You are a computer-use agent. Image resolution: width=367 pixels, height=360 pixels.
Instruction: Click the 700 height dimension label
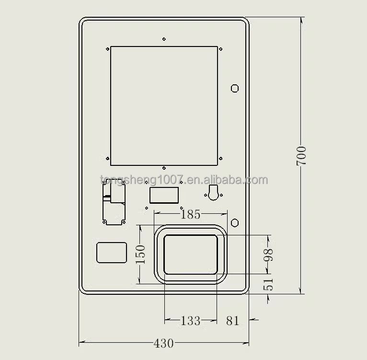pos(301,156)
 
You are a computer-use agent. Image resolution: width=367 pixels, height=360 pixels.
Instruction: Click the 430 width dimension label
pos(163,343)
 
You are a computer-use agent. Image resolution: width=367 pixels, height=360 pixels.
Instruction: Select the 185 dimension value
pos(190,214)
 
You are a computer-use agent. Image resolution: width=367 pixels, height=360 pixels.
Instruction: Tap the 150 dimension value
pos(140,255)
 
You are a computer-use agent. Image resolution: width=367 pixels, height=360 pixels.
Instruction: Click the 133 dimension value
pos(190,321)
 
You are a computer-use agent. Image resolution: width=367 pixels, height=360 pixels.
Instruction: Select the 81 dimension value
pos(232,321)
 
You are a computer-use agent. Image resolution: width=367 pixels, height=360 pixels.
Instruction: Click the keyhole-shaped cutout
pos(214,193)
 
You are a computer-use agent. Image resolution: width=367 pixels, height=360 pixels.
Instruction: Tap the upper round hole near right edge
pos(235,88)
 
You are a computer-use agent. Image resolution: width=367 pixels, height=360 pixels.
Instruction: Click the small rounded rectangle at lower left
pos(112,253)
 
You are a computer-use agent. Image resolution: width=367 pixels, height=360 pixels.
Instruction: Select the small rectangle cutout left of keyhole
pos(164,195)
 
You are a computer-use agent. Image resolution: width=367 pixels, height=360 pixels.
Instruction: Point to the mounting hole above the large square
pos(164,39)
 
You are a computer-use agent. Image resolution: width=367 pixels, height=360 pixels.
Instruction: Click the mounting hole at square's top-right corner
pos(220,49)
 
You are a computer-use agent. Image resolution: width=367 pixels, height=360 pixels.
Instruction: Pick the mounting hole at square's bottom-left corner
pos(107,159)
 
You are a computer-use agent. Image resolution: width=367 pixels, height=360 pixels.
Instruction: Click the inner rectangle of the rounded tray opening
pos(190,255)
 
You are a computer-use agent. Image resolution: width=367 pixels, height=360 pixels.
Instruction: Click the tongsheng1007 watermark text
pos(184,180)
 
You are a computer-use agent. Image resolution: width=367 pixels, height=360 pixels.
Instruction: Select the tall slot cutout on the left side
pos(114,204)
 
